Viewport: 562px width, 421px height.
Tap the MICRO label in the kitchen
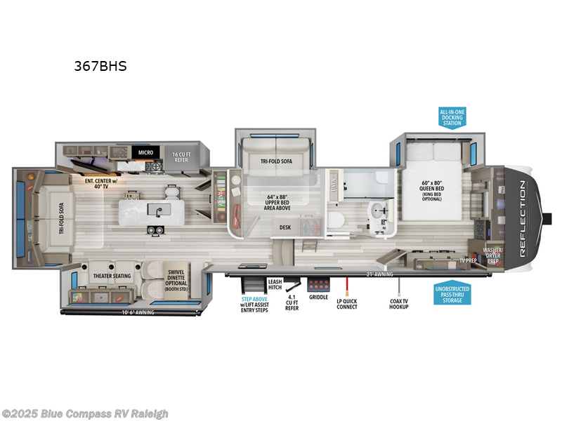tap(145, 152)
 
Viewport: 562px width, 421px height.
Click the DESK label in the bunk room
tap(285, 227)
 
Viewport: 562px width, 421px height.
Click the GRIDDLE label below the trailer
tap(318, 298)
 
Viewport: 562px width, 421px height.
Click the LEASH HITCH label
tap(275, 285)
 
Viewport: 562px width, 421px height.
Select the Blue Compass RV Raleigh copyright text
tap(85, 413)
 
